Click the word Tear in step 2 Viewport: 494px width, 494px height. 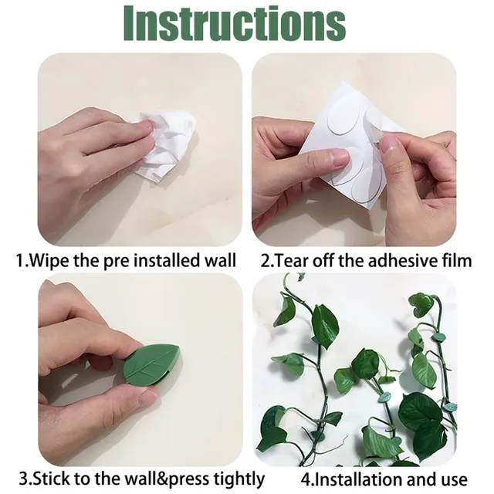tap(292, 260)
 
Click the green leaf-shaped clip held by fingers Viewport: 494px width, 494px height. tap(151, 364)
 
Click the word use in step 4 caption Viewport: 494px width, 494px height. tap(450, 479)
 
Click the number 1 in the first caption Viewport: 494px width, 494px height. tap(21, 260)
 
